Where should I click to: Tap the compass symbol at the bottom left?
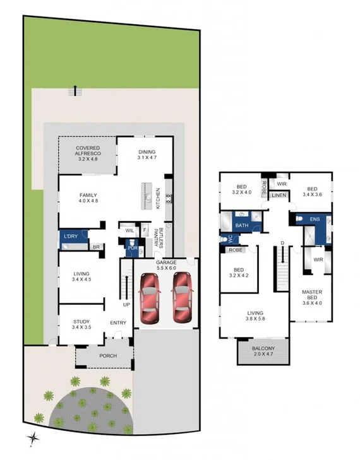(x=32, y=438)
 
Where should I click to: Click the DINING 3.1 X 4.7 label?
(x=147, y=155)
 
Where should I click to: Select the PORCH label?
(x=107, y=355)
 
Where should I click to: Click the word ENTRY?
(x=119, y=323)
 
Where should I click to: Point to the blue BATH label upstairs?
(x=241, y=225)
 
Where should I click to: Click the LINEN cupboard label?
(x=279, y=196)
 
